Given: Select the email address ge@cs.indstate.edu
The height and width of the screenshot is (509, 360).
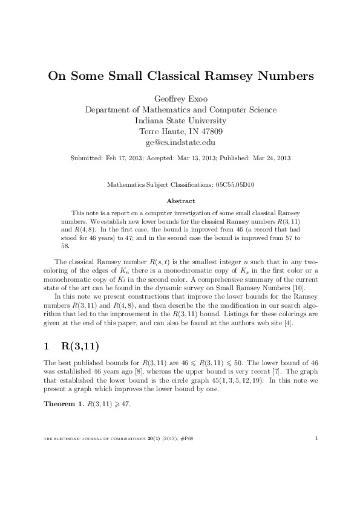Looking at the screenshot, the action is pyautogui.click(x=180, y=143).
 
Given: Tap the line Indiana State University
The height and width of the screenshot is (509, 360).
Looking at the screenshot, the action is pyautogui.click(x=180, y=122).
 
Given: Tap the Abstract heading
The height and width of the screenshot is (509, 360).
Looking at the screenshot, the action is pyautogui.click(x=180, y=201).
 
